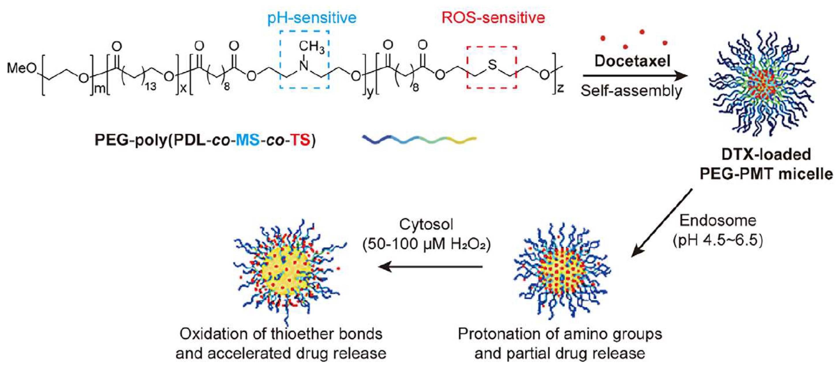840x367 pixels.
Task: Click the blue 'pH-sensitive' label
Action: coord(312,18)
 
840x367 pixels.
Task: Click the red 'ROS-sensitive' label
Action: coord(493,18)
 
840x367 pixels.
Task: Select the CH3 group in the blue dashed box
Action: coord(311,47)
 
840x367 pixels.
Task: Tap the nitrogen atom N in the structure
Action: coord(304,66)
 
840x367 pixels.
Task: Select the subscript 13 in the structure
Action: coord(150,86)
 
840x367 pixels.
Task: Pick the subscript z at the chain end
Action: coord(560,88)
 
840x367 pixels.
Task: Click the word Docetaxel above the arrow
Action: coord(632,61)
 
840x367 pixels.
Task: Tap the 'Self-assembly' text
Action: coord(631,91)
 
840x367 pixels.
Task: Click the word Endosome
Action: coord(718,221)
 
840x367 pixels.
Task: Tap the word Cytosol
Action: coord(426,224)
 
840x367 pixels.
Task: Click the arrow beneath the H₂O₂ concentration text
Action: coord(431,267)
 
